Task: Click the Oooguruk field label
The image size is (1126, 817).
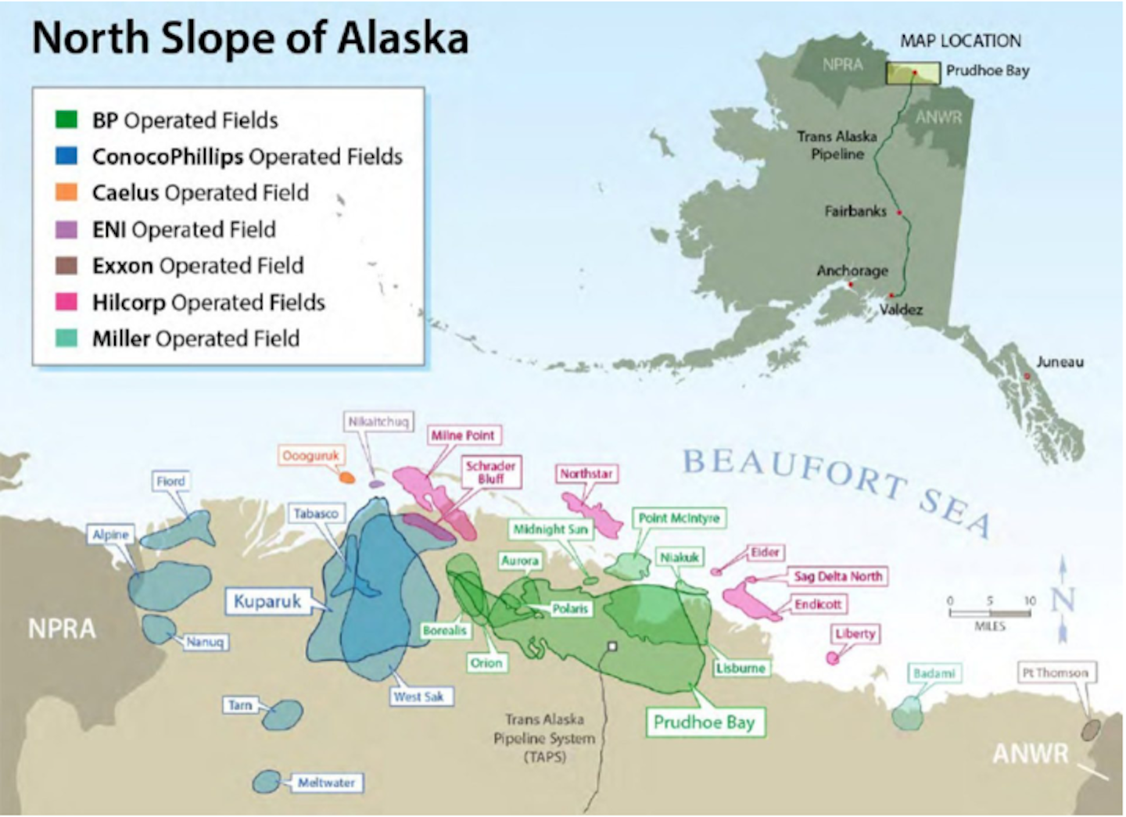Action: click(310, 455)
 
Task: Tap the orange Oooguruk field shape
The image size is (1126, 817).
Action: click(346, 477)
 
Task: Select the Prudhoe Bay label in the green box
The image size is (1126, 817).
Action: click(704, 722)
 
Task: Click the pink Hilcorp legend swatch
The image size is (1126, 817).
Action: click(66, 302)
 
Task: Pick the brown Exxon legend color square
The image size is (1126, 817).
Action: click(66, 266)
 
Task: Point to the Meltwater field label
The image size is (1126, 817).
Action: click(326, 783)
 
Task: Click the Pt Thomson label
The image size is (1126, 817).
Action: click(1055, 672)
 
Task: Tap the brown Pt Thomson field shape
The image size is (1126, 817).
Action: click(1090, 730)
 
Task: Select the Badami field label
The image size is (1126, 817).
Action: click(934, 673)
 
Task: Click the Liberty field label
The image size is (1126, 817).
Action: click(855, 633)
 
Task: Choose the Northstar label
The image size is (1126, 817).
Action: click(586, 474)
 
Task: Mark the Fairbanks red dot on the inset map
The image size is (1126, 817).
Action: click(899, 213)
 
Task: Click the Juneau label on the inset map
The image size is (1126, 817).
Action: click(1060, 362)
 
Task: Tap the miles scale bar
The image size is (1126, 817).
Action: click(990, 612)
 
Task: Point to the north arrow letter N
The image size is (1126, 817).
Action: click(1062, 600)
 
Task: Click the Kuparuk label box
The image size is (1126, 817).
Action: click(267, 601)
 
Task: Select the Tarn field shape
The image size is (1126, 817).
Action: click(282, 715)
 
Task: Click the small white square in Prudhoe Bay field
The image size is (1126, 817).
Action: click(612, 647)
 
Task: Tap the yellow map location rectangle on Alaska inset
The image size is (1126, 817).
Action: click(913, 73)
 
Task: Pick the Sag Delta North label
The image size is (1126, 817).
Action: click(837, 576)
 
